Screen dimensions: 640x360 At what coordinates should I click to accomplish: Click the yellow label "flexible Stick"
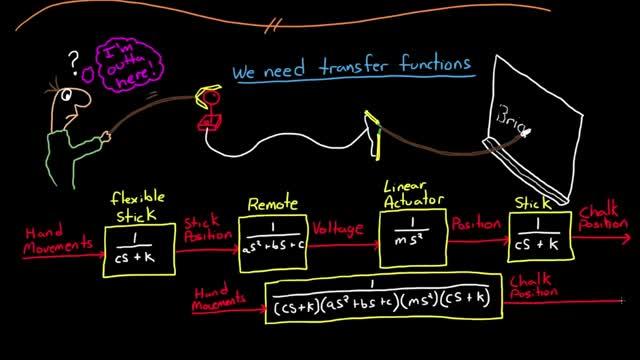click(x=137, y=205)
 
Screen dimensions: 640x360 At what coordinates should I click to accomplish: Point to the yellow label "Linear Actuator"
click(x=412, y=197)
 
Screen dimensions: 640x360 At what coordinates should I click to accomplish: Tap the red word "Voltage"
click(x=340, y=229)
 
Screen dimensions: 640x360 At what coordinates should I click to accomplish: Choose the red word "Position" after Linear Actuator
click(x=476, y=227)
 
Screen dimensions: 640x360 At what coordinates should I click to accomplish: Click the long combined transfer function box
click(x=382, y=293)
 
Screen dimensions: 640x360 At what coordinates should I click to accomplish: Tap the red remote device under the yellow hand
click(x=211, y=122)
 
